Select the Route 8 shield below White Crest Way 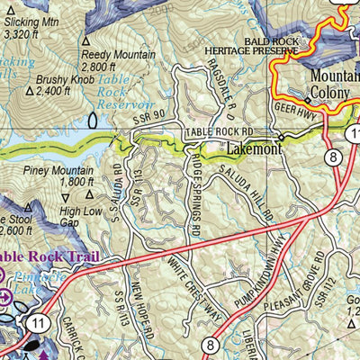210,343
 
